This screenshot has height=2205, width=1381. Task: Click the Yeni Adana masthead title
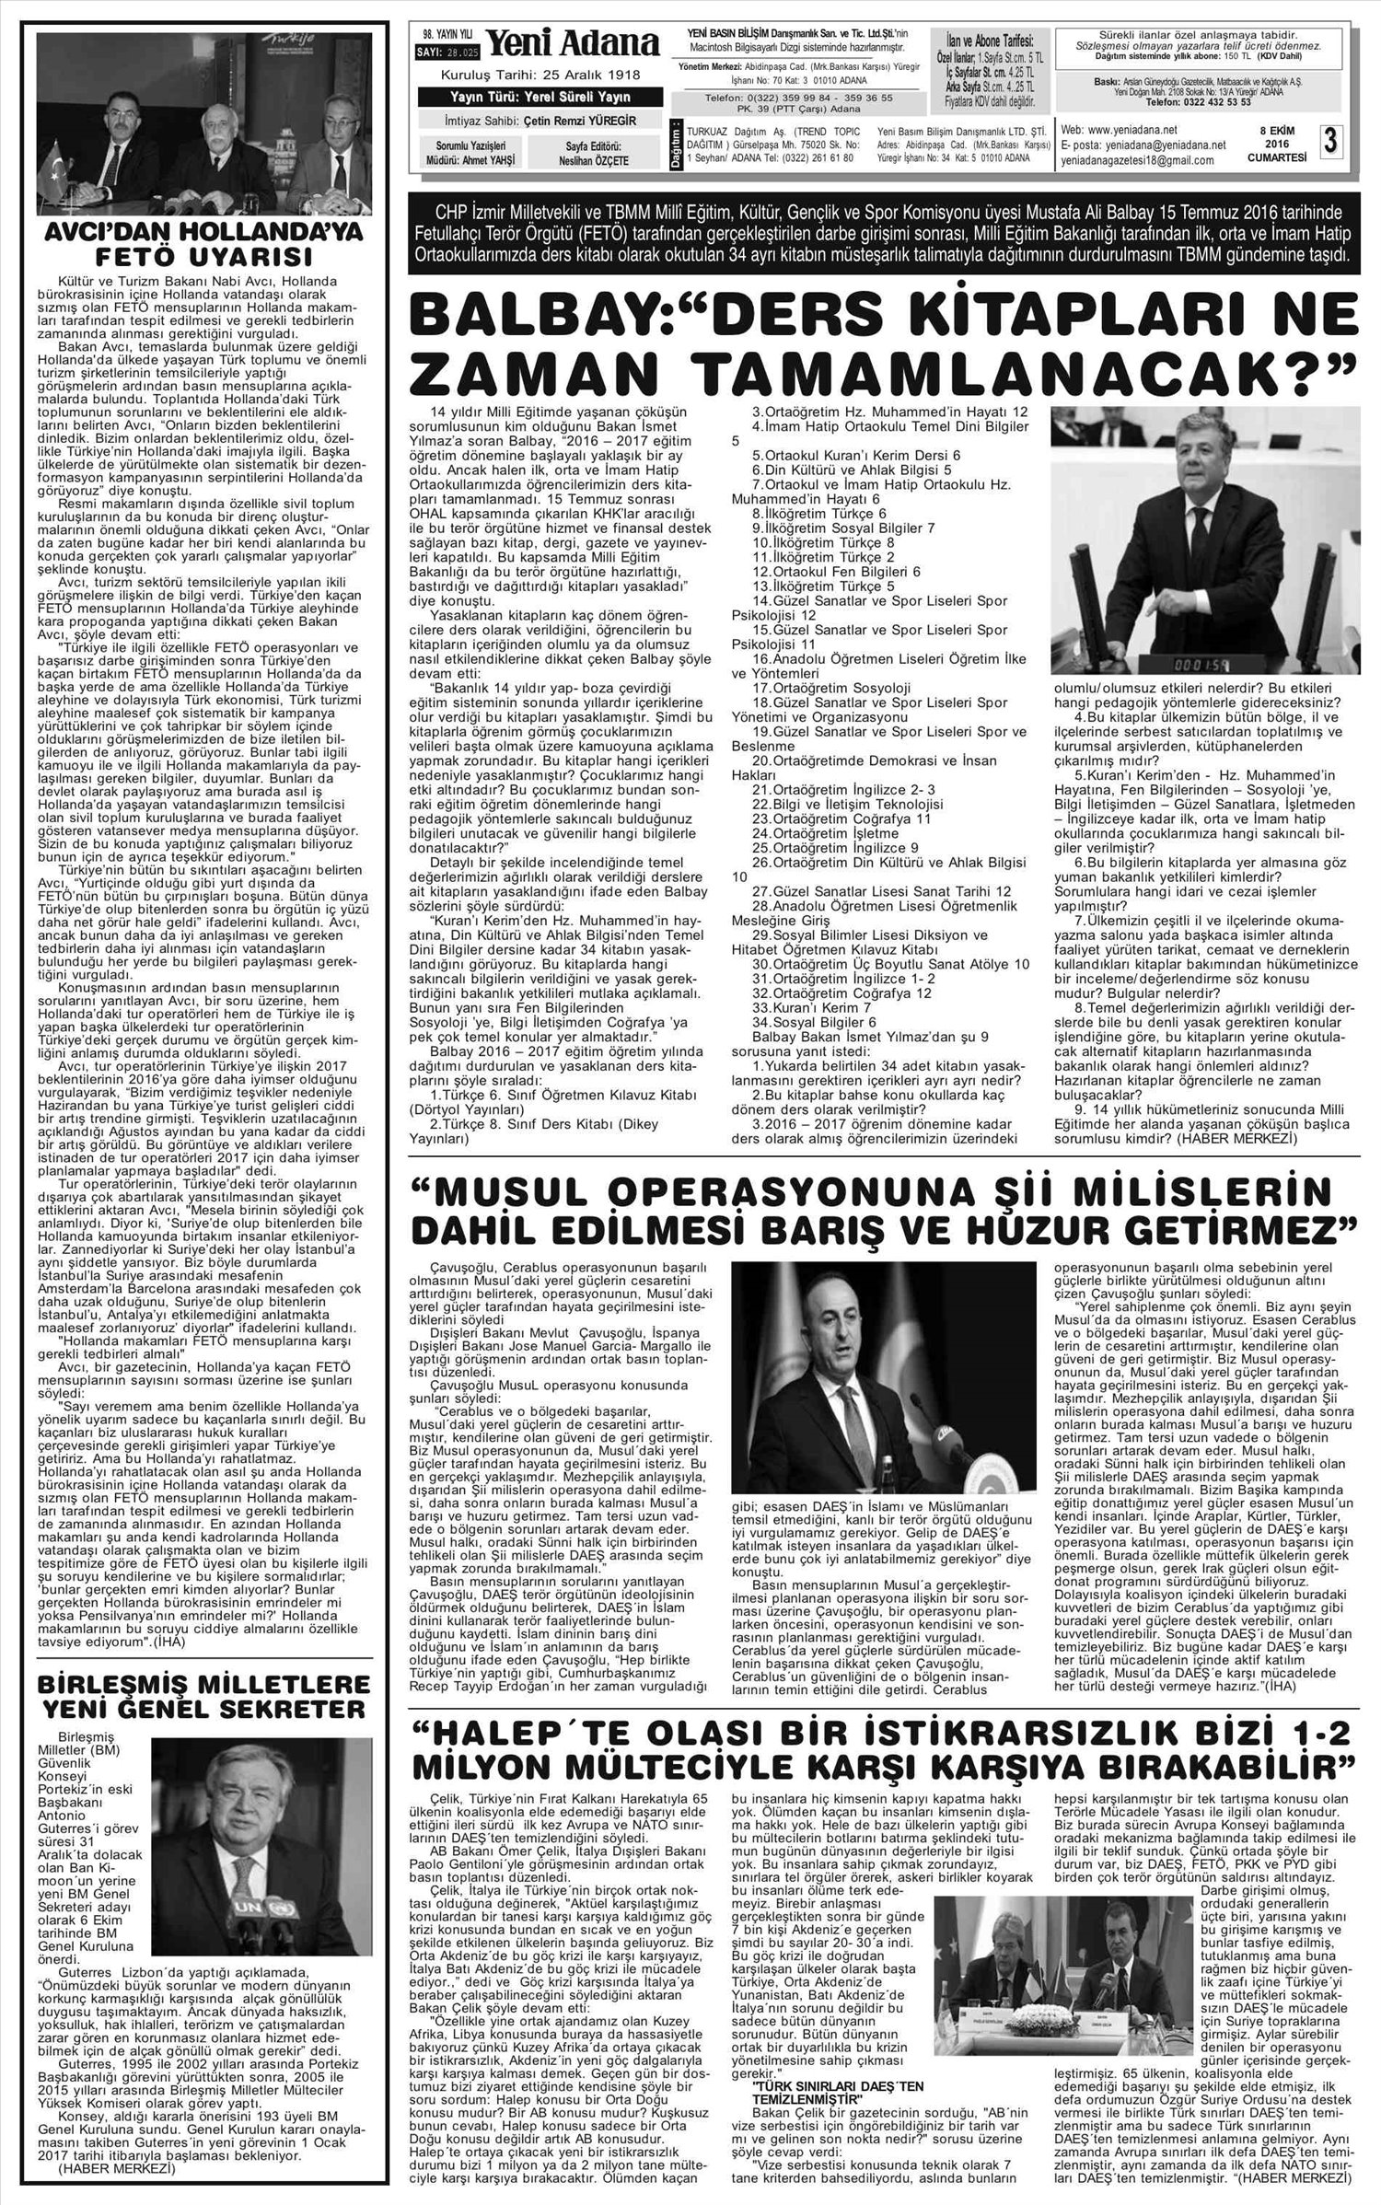click(x=572, y=43)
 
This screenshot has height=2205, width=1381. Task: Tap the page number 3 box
click(x=1329, y=142)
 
